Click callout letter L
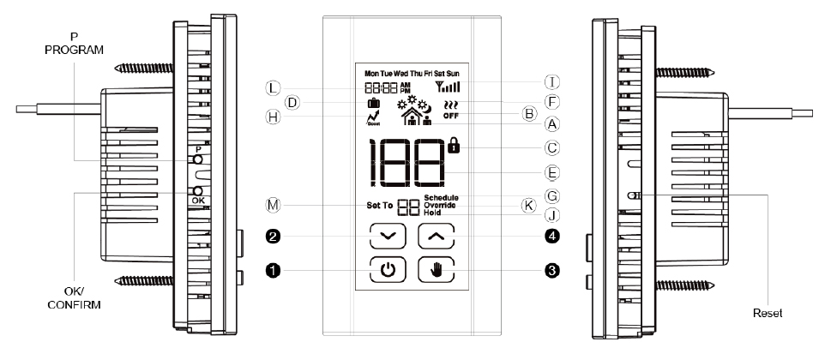coord(273,87)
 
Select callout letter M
coord(273,205)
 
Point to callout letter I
coord(552,82)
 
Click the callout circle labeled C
coord(552,147)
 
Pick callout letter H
coord(273,117)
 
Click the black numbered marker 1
coord(273,271)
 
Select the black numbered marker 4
coord(552,234)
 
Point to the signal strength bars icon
coord(448,87)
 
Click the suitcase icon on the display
coord(373,105)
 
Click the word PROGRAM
coord(74,51)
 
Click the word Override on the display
coord(441,205)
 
